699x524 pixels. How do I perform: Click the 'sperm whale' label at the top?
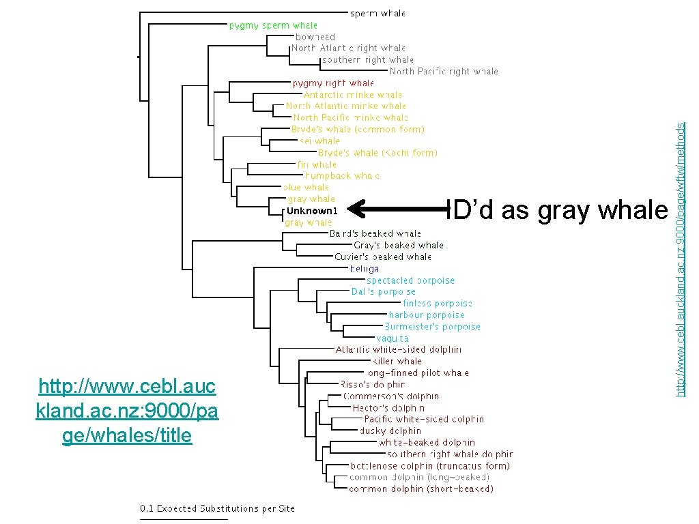pyautogui.click(x=377, y=13)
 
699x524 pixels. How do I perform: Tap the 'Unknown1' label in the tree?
pyautogui.click(x=311, y=211)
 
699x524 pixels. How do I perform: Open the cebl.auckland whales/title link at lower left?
pyautogui.click(x=127, y=411)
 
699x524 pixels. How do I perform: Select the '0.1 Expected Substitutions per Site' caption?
pyautogui.click(x=218, y=508)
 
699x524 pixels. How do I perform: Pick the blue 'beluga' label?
pyautogui.click(x=364, y=269)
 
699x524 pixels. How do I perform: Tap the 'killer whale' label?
pyautogui.click(x=397, y=361)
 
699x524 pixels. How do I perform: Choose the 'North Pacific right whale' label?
pyautogui.click(x=444, y=71)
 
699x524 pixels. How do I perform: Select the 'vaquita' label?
pyautogui.click(x=393, y=338)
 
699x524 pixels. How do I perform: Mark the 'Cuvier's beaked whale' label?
pyautogui.click(x=383, y=257)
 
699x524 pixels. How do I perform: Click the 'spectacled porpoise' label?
pyautogui.click(x=410, y=280)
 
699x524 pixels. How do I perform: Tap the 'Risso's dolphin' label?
pyautogui.click(x=372, y=384)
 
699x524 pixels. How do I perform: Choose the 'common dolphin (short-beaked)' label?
pyautogui.click(x=420, y=489)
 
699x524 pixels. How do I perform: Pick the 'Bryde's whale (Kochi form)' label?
pyautogui.click(x=377, y=153)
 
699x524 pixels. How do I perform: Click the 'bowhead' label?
pyautogui.click(x=315, y=37)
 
